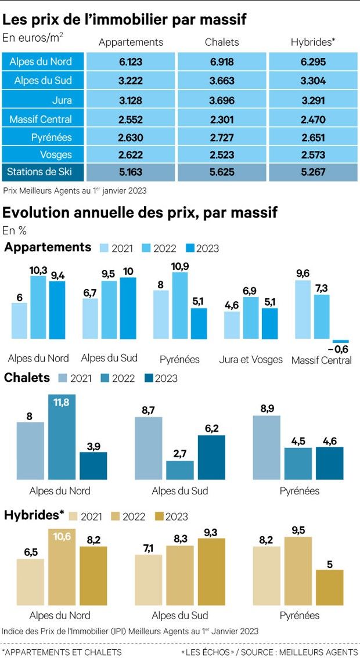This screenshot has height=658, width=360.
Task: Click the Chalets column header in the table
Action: [221, 42]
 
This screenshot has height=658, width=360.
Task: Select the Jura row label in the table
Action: [61, 100]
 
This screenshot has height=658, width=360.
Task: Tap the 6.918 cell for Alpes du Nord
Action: [221, 62]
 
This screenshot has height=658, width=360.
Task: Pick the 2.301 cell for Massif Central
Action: [221, 119]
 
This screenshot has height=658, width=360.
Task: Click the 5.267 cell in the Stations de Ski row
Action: [313, 172]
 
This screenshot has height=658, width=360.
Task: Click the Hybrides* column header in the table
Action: [313, 42]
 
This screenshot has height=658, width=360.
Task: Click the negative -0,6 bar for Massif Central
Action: [340, 341]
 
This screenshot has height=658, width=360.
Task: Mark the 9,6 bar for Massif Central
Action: [303, 309]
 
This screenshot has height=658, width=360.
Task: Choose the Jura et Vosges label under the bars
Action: [251, 359]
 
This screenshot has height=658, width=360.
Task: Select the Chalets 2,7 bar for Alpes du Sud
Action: [179, 470]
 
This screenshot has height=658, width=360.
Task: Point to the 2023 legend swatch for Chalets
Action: [147, 378]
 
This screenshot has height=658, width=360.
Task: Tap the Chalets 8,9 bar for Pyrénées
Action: [267, 447]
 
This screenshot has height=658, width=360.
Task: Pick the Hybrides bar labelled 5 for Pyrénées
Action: [330, 588]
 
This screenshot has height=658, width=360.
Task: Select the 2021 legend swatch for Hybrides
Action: [74, 516]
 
